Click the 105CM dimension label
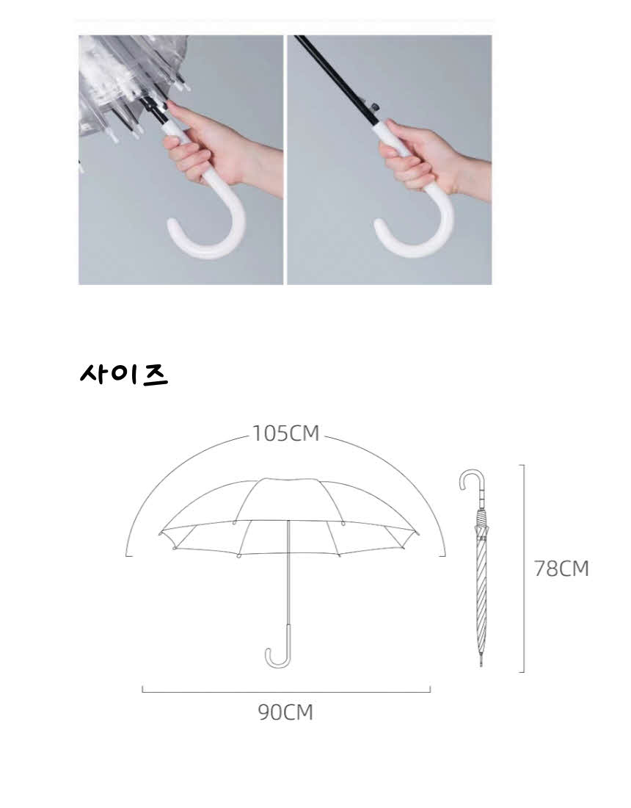point(285,433)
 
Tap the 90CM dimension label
point(285,713)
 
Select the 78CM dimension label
point(561,569)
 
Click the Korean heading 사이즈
point(124,374)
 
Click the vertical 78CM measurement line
point(523,569)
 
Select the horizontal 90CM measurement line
point(286,692)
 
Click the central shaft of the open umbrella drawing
point(288,572)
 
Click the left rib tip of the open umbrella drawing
point(160,531)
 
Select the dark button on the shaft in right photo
point(375,107)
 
